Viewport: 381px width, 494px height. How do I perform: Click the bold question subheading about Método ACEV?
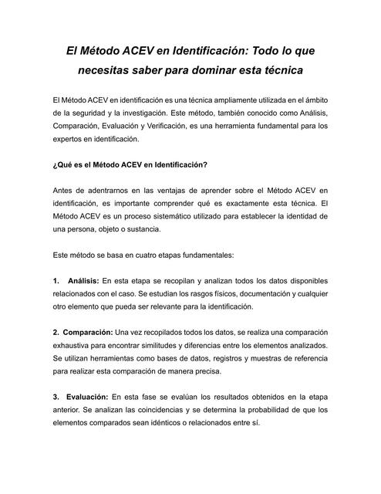[x=130, y=164]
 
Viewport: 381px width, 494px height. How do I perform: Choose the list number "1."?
[x=56, y=281]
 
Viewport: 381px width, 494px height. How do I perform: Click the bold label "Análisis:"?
[x=83, y=281]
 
